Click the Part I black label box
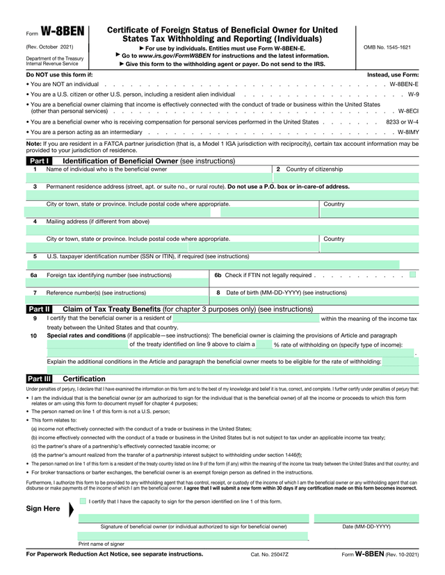pos(38,160)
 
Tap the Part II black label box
pos(38,309)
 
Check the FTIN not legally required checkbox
pos(413,275)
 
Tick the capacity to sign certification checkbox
pos(83,501)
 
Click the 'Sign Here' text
pos(43,509)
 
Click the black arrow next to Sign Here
pos(68,509)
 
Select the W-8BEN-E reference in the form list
pos(404,83)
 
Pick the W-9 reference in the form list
pos(413,94)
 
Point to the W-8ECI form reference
pos(408,111)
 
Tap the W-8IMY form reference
pos(408,132)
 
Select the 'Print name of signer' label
pos(102,544)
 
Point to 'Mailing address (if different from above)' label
pos(97,222)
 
